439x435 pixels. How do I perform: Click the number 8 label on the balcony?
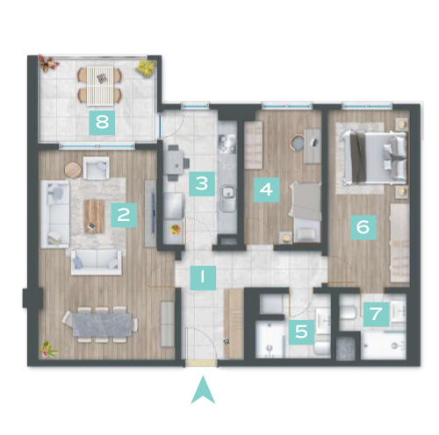point(102,122)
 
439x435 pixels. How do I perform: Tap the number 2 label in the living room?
point(124,215)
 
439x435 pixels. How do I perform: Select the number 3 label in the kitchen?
point(202,183)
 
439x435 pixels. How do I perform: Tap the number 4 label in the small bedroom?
point(266,189)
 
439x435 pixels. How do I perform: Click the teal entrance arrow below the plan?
point(203,390)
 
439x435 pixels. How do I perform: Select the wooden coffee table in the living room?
point(94,217)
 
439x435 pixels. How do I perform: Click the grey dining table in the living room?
point(102,324)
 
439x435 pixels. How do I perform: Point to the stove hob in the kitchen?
point(227,144)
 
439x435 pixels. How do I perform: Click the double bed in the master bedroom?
point(374,158)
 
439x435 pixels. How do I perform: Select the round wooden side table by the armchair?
point(73,170)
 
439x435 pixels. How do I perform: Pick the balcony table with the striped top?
point(100,86)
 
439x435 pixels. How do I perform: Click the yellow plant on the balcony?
point(146,68)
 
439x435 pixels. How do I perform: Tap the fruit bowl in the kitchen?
point(175,229)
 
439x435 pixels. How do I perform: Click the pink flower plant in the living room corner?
point(48,350)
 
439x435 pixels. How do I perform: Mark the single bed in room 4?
point(305,212)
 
